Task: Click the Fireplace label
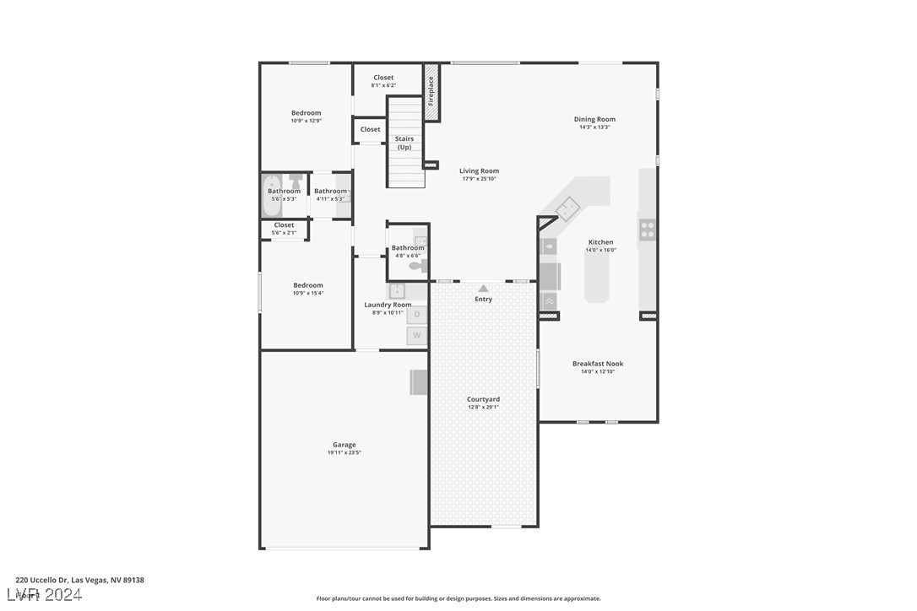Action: coord(431,91)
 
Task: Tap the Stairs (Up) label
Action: coord(404,143)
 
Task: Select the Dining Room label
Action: coord(594,120)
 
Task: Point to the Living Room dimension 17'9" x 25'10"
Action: coord(479,179)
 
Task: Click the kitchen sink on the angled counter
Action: coord(567,207)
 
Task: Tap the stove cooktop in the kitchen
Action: coord(647,229)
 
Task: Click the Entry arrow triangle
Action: coord(483,289)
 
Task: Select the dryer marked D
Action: coord(417,315)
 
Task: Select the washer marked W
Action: coord(417,336)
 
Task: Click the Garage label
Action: coord(344,445)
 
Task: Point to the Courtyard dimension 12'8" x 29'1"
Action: coord(483,408)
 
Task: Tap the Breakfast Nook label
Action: coord(598,364)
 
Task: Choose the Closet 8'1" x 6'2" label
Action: coord(383,78)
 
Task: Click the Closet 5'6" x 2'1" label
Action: coord(284,225)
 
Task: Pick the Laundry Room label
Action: coord(388,305)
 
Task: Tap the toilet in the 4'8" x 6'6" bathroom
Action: coord(416,266)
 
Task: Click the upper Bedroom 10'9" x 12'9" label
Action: coord(306,113)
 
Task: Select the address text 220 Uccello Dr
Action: coord(42,581)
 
